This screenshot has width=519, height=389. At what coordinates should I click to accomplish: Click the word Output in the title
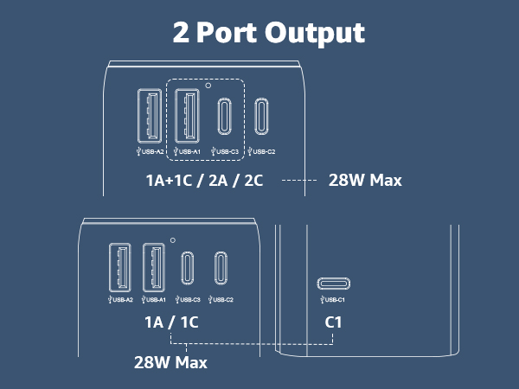coord(315,33)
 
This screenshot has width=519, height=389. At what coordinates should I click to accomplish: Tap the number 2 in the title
coord(181,33)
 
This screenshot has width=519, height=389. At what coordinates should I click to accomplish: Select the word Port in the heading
coord(227,33)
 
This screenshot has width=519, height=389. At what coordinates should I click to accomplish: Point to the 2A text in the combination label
coord(218,181)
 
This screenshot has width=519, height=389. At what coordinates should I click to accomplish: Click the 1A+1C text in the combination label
coord(169,181)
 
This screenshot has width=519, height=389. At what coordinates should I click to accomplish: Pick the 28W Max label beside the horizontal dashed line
coord(365,181)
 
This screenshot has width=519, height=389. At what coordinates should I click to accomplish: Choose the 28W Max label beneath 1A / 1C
coord(170,362)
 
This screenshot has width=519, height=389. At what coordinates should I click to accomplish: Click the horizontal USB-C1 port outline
coord(333,284)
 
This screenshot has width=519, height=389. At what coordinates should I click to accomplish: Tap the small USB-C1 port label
coord(333,300)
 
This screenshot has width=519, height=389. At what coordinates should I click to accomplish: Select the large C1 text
coord(333,322)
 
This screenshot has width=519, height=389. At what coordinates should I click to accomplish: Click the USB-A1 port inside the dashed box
coord(187,116)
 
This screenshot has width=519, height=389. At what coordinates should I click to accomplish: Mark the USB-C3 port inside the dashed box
coord(224,116)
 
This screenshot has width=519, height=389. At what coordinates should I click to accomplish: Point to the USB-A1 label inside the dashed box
coord(187,152)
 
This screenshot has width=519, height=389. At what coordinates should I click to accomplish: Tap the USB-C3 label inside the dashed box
coord(225,152)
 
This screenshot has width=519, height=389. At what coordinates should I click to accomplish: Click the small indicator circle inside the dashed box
coord(208,86)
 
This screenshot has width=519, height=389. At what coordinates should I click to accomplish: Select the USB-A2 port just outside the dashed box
coord(150,116)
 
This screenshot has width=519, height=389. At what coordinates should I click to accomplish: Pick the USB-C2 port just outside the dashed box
coord(261,116)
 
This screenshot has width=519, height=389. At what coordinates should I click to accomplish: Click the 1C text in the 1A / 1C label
coord(189,322)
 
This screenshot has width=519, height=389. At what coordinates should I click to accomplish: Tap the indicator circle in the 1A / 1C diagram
coord(172,240)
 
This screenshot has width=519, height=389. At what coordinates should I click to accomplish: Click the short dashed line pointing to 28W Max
coord(299,181)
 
